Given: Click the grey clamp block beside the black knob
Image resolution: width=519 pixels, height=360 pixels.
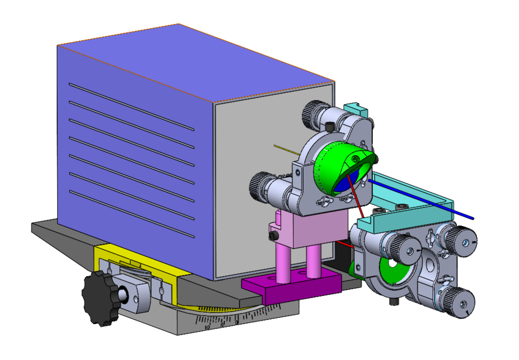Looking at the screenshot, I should tap(135, 293).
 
